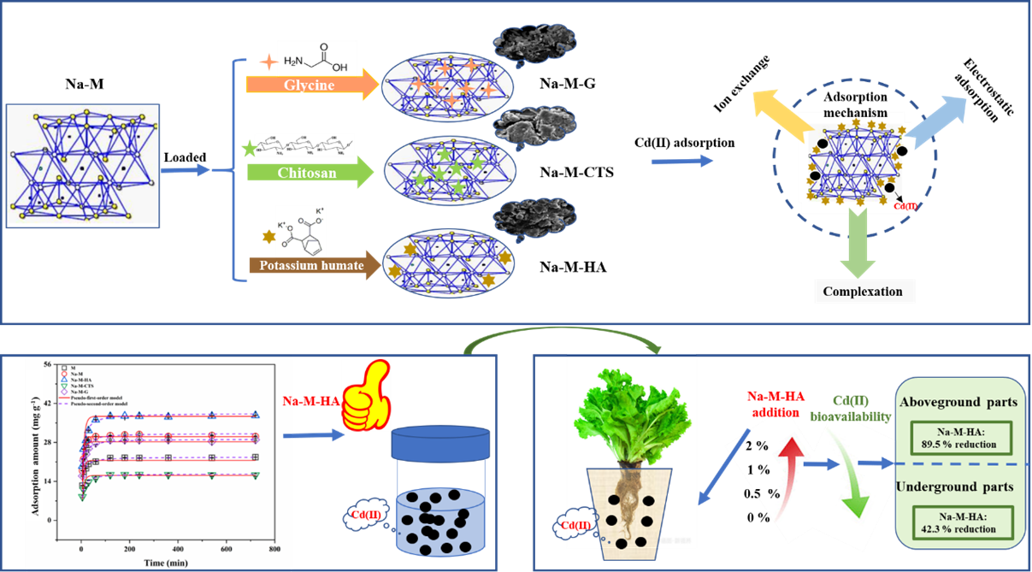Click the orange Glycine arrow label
tap(308, 84)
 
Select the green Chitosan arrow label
tap(308, 174)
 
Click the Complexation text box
tap(862, 292)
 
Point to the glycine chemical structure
tap(315, 59)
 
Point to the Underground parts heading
tap(954, 486)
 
